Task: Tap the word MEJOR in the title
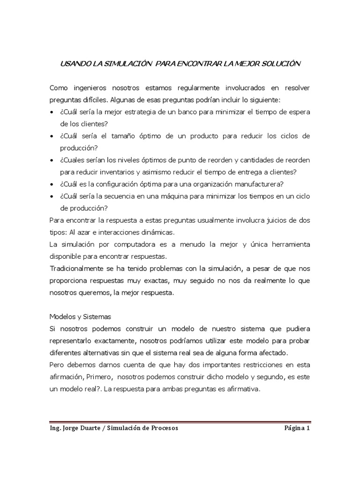pyautogui.click(x=248, y=64)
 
